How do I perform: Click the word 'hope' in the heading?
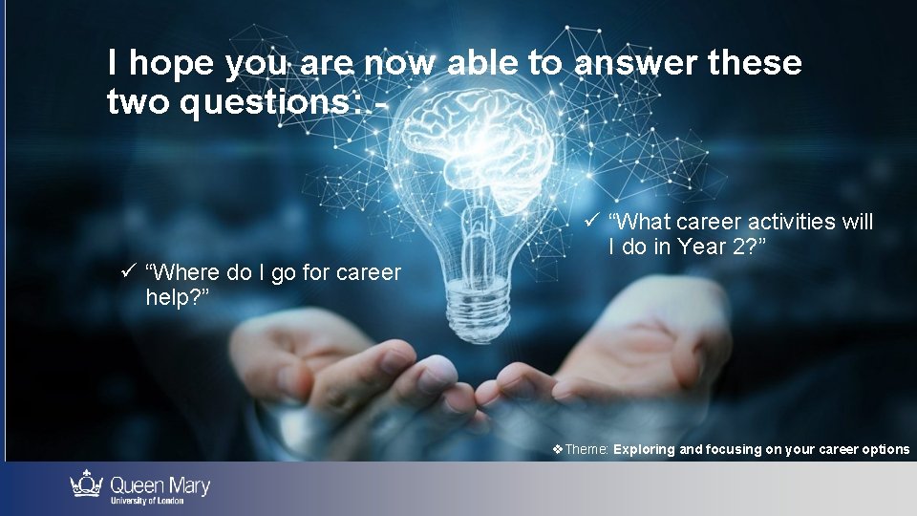(171, 64)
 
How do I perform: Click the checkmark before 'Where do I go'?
(127, 272)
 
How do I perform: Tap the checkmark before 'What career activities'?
(591, 222)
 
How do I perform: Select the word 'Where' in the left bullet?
(179, 273)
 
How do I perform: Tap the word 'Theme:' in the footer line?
(587, 449)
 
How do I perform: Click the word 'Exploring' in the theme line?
(644, 449)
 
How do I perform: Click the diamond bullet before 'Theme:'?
(559, 449)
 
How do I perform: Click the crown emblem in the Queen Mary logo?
(87, 484)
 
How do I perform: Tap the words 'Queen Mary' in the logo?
(160, 485)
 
